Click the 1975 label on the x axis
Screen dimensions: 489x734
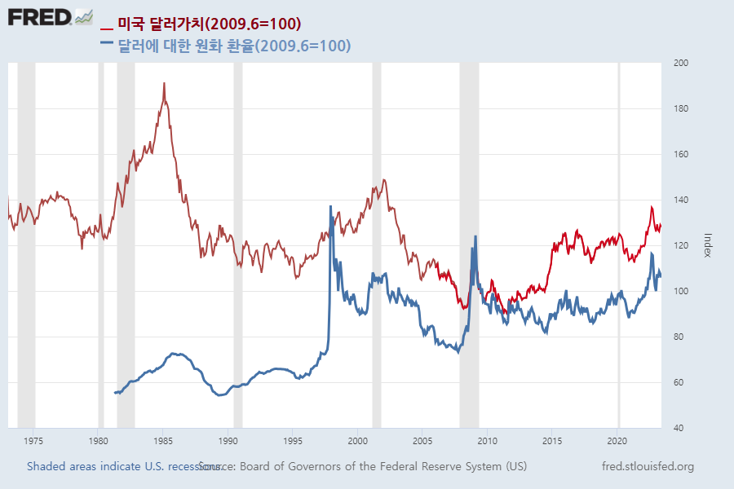33,441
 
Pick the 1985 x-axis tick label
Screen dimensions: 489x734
163,441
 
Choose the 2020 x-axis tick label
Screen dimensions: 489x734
617,441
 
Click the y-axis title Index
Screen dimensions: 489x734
708,244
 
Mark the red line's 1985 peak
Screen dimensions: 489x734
164,83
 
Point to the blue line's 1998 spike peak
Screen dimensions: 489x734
330,206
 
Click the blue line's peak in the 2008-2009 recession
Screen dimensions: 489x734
475,236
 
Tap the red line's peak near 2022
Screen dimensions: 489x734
651,207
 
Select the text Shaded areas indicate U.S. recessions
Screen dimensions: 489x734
122,466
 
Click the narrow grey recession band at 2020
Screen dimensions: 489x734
618,244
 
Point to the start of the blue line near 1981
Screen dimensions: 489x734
114,393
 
